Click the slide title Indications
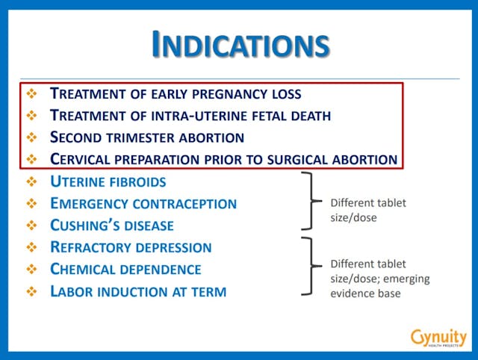pyautogui.click(x=240, y=44)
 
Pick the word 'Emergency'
pyautogui.click(x=90, y=203)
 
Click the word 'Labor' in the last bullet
pyautogui.click(x=71, y=291)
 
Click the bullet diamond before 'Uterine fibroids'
pyautogui.click(x=31, y=181)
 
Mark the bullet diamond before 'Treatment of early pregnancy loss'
pyautogui.click(x=31, y=94)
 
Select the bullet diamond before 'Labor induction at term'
pyautogui.click(x=31, y=291)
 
